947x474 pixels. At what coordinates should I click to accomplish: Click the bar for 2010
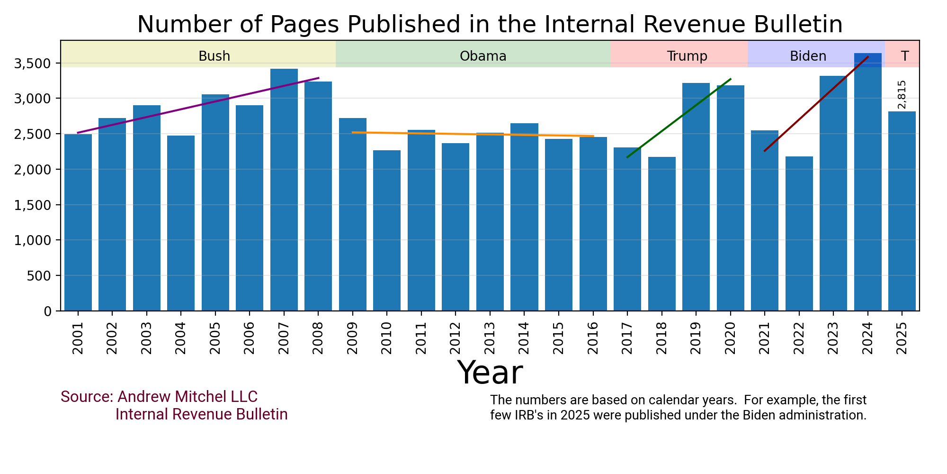387,232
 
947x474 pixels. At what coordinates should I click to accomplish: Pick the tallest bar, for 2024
867,190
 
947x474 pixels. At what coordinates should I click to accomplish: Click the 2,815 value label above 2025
902,94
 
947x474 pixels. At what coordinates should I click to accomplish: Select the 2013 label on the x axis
490,338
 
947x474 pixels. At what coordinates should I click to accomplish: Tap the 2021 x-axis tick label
764,338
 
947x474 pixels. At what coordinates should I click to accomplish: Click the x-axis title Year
490,373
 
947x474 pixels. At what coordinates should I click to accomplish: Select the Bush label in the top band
214,56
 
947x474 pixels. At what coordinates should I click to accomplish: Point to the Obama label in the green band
483,56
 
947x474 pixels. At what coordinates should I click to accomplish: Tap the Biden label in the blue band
808,56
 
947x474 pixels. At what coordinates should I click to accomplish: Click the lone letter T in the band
905,56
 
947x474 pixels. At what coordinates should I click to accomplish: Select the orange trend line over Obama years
473,135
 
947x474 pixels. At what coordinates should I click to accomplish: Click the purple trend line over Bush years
199,105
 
